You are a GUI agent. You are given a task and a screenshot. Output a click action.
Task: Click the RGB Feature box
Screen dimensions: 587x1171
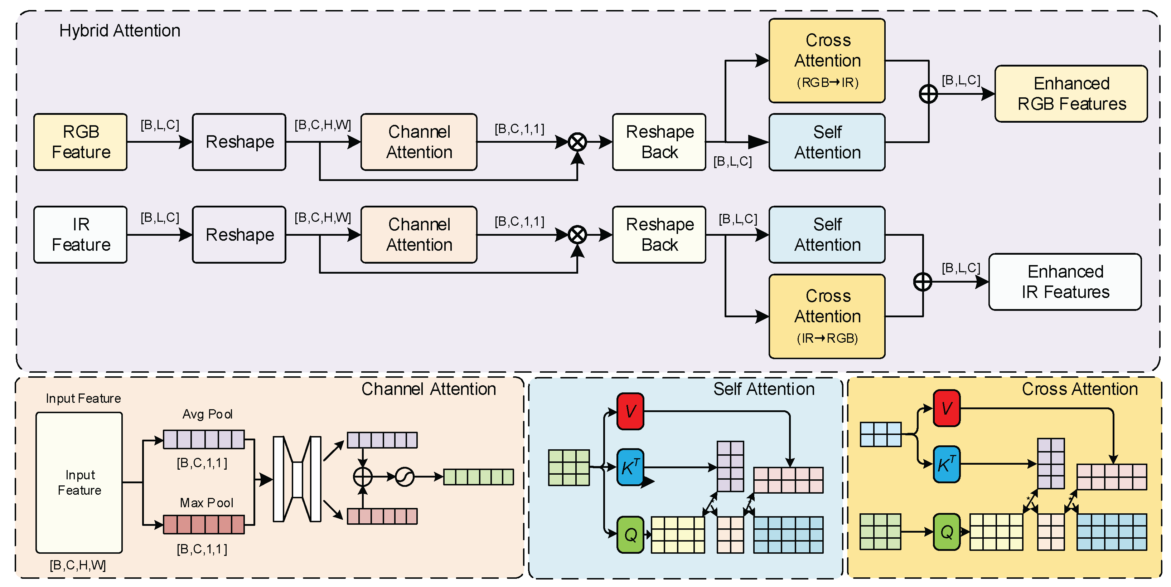coord(81,142)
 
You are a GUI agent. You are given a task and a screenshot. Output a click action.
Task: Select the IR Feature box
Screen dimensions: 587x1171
coord(81,234)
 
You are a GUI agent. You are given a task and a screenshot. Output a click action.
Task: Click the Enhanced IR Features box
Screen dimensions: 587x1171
coord(1065,282)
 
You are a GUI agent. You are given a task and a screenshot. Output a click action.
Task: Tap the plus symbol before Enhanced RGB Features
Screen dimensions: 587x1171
coord(928,94)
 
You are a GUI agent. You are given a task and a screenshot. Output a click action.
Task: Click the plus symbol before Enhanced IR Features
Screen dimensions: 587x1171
coord(922,282)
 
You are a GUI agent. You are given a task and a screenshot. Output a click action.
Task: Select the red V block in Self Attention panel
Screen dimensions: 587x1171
coord(630,411)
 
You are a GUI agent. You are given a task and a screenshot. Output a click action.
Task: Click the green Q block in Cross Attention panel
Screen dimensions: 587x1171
coord(947,532)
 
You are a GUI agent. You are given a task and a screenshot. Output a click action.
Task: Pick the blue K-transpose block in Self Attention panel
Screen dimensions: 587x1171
coord(630,467)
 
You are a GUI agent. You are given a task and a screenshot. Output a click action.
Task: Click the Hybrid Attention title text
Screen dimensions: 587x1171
coord(120,30)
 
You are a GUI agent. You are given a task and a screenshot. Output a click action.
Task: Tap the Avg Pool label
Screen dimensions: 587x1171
coord(207,414)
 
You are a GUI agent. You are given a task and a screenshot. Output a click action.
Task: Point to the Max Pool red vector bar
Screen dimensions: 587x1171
coord(204,524)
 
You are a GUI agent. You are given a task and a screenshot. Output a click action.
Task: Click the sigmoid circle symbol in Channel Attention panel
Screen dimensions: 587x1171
coord(404,476)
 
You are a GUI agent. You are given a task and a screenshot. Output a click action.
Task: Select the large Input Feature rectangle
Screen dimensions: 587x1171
coord(79,482)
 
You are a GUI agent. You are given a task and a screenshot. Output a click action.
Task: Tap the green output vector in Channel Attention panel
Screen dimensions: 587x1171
coord(478,476)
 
